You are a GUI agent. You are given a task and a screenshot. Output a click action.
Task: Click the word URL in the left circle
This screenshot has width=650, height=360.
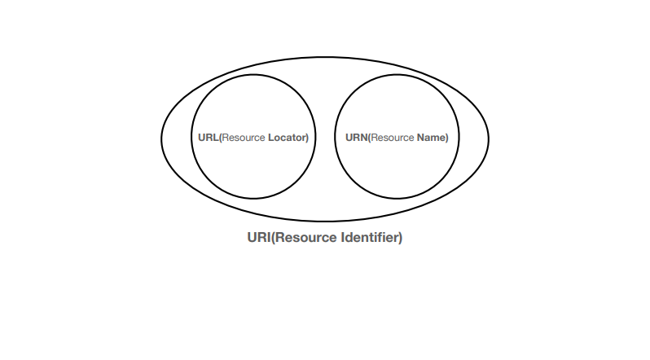click(208, 138)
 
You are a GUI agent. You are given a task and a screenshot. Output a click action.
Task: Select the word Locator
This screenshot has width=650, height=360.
click(287, 138)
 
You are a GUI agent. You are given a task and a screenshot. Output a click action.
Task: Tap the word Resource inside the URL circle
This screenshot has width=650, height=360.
click(244, 138)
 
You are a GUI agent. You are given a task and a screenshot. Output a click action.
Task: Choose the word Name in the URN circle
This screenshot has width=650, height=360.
click(430, 138)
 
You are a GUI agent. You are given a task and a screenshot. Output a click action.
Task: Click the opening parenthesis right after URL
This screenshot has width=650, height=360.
click(221, 138)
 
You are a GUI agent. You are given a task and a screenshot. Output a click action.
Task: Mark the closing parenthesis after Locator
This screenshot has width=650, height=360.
click(307, 138)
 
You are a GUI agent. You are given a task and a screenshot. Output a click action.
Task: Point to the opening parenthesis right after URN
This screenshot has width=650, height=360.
click(369, 138)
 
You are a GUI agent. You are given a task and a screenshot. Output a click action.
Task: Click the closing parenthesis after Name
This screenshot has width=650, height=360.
click(446, 138)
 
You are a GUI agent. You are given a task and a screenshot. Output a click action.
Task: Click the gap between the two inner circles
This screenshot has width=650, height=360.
click(325, 138)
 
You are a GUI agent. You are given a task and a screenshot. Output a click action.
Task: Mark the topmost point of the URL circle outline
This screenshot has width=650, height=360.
click(253, 77)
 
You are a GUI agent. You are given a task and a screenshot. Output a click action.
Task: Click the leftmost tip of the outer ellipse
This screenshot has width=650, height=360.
click(161, 139)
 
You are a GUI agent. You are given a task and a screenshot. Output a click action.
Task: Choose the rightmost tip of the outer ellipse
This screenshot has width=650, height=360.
click(489, 139)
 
